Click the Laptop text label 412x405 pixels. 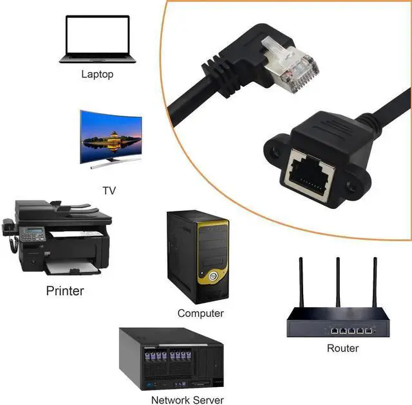97,74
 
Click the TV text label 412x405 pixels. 109,190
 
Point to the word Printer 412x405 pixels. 65,291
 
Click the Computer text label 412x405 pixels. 201,313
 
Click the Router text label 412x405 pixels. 342,348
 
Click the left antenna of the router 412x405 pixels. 301,283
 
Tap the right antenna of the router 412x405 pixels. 373,283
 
